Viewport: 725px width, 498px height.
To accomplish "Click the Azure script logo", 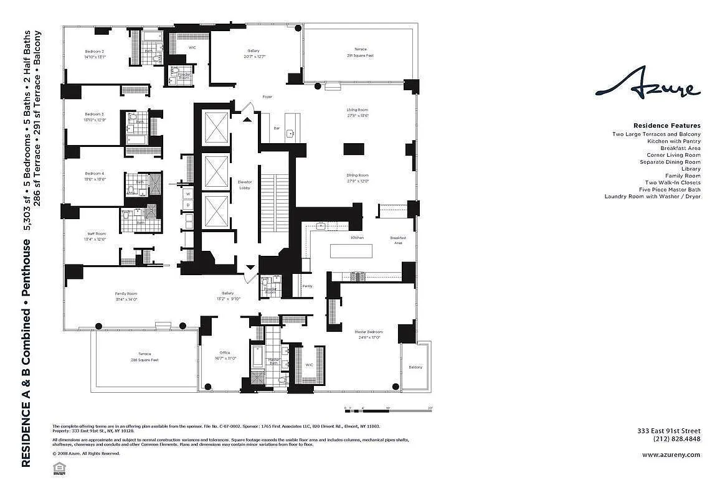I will click(x=647, y=87).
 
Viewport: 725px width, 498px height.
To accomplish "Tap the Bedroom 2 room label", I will click(x=95, y=54).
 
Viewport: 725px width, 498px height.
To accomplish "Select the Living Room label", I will click(x=358, y=113).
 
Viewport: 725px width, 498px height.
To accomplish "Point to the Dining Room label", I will click(x=358, y=178).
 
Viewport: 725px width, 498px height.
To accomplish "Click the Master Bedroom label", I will click(x=369, y=335).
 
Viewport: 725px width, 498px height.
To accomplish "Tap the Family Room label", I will click(x=125, y=296).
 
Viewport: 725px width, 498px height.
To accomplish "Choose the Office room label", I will click(x=225, y=355).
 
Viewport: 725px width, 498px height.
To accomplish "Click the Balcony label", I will click(x=415, y=367).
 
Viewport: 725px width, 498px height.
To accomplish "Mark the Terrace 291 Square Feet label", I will click(x=361, y=52).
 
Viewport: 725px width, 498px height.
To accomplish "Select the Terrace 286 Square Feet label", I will click(x=145, y=357).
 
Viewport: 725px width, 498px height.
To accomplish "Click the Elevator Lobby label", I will click(x=245, y=185).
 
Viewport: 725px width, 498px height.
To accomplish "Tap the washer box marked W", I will click(x=187, y=194).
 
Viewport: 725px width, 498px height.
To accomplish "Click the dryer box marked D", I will click(x=187, y=205).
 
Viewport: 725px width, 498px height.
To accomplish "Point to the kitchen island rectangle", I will click(x=351, y=251).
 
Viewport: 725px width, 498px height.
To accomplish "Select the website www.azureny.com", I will click(x=671, y=454).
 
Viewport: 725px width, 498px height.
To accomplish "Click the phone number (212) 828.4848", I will click(x=676, y=439).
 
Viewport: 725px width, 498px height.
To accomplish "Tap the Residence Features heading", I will click(x=666, y=126).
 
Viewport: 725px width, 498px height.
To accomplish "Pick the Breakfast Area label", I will click(x=398, y=240).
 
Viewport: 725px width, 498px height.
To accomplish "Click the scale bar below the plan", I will click(x=388, y=409).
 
